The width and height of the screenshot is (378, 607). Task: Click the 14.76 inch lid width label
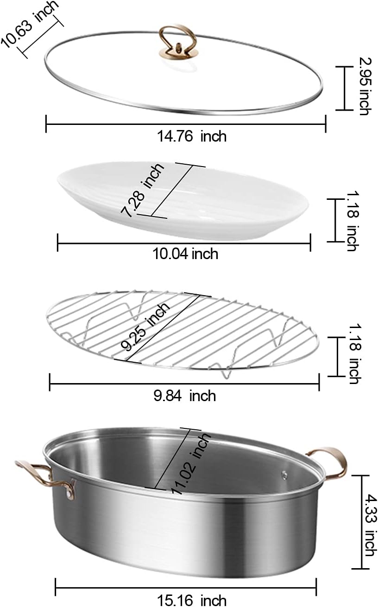pos(192,136)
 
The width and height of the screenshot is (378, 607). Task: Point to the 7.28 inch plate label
pos(142,190)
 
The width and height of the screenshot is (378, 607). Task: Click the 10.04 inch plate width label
pos(185,254)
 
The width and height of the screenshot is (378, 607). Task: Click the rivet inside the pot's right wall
pos(284,475)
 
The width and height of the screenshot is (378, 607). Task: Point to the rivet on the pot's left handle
pos(69,494)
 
